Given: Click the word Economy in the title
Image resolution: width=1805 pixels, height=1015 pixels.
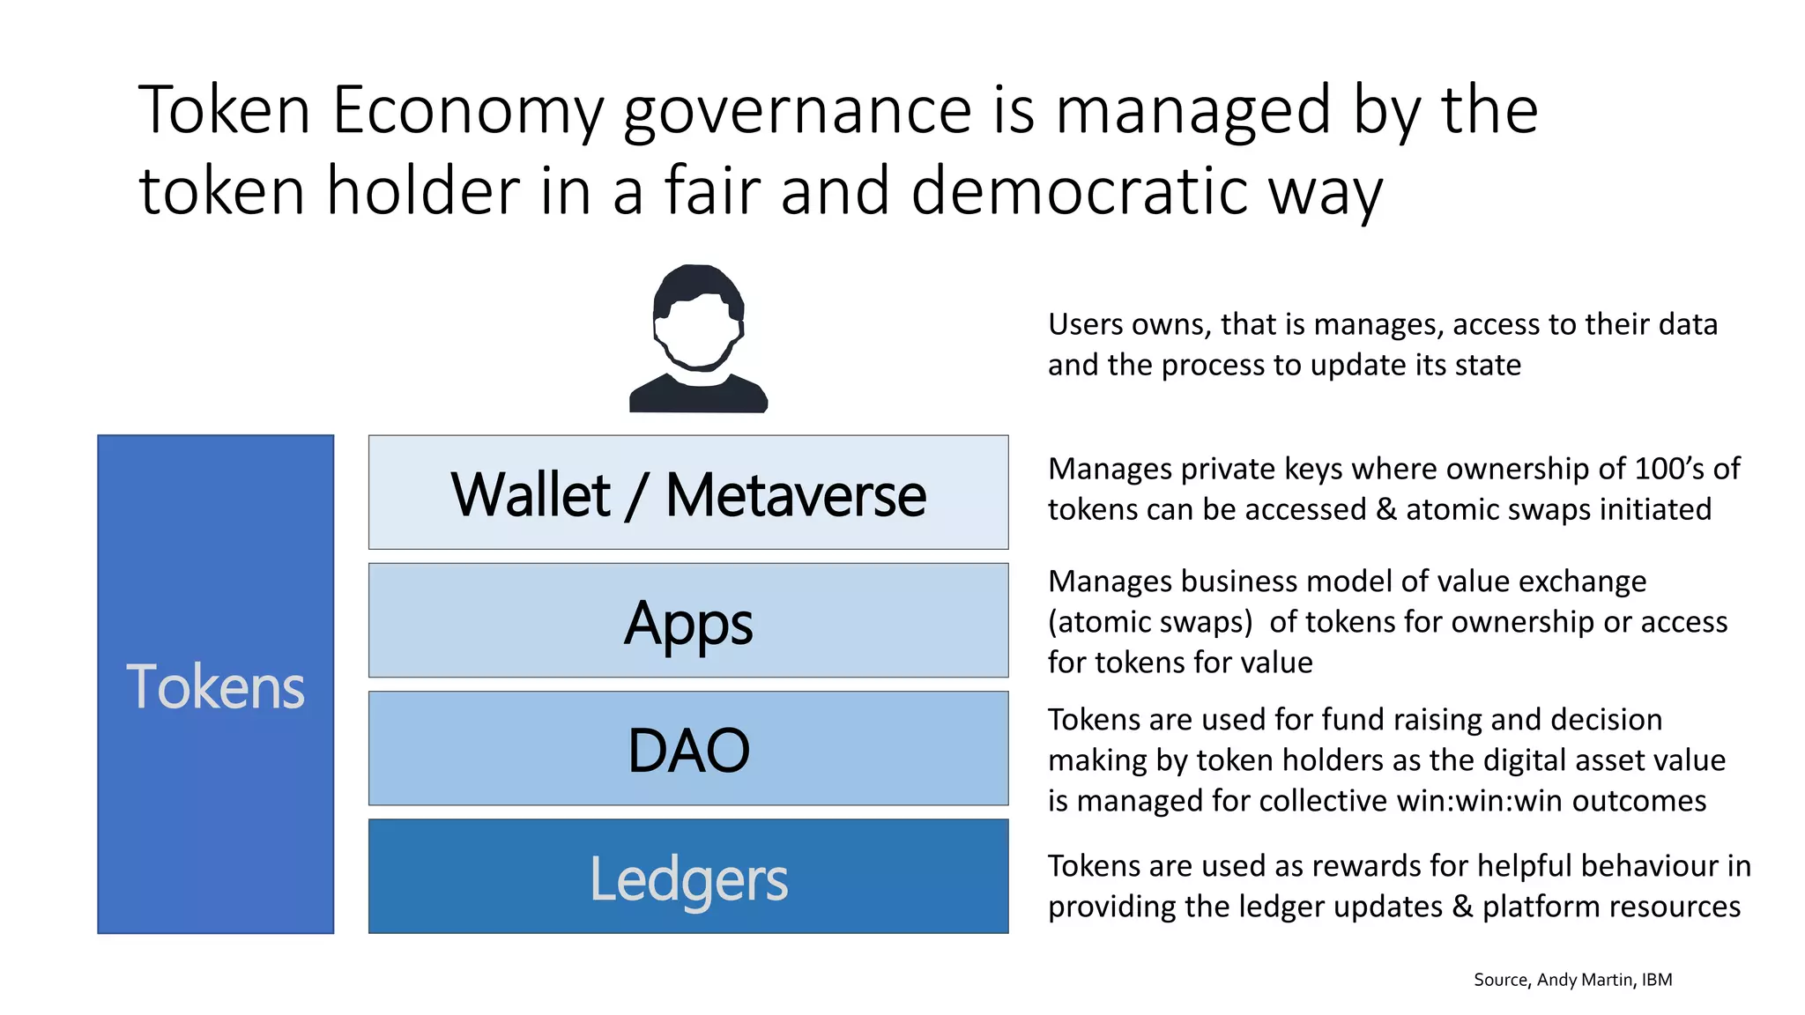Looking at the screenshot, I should [x=468, y=110].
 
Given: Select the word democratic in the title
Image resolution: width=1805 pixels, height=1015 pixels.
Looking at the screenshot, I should [x=1079, y=191].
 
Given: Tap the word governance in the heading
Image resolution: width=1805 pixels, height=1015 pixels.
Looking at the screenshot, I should [x=797, y=110].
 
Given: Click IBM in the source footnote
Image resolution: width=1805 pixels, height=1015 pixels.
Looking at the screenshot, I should [x=1656, y=980].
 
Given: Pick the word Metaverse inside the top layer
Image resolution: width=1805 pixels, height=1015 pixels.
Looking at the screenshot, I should [x=795, y=494].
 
